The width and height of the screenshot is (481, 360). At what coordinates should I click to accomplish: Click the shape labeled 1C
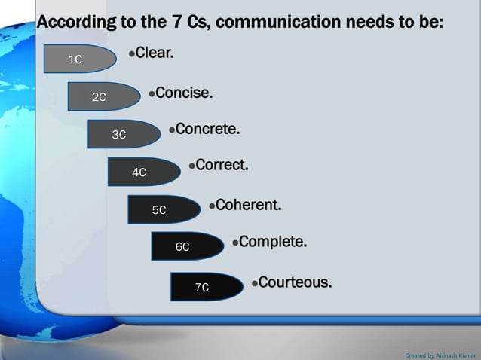(x=80, y=59)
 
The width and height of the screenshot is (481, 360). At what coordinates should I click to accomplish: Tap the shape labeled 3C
(x=123, y=135)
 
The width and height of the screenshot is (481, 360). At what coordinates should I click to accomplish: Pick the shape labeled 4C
(x=143, y=172)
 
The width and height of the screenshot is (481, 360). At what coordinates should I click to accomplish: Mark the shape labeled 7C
(x=206, y=287)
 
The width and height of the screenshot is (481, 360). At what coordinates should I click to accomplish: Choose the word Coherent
(x=249, y=205)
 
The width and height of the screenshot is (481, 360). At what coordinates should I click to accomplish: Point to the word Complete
(x=273, y=243)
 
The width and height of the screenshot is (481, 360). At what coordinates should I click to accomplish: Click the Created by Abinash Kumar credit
(x=440, y=354)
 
